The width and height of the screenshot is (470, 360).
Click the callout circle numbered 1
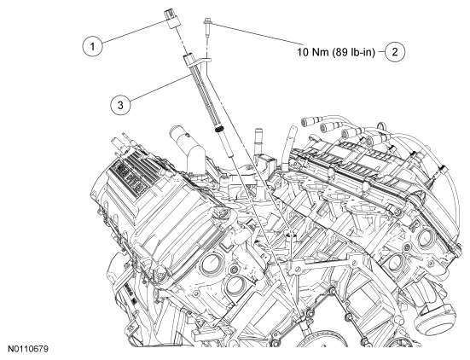92,46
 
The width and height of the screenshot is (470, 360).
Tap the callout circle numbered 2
395,52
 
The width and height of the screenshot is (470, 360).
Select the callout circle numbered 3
120,105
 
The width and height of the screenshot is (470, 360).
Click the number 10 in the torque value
303,52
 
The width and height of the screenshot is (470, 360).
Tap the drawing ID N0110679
28,350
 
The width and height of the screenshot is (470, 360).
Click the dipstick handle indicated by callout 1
171,19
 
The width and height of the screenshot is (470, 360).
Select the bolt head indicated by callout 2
207,20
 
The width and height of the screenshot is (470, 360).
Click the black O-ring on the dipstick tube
220,130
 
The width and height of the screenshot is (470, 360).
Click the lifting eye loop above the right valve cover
380,125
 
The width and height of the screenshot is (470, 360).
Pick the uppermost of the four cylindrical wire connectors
308,121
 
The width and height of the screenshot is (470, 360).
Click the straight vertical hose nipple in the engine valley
258,142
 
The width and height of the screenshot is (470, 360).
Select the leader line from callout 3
160,87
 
